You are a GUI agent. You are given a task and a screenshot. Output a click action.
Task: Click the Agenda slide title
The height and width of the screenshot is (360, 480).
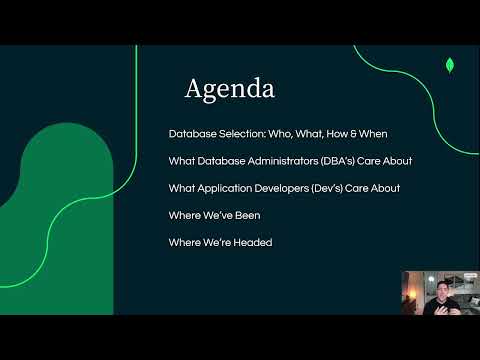point(229,89)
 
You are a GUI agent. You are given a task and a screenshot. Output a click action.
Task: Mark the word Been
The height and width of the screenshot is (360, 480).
point(258,215)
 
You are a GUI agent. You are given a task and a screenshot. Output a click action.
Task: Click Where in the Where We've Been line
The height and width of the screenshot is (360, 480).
point(185,215)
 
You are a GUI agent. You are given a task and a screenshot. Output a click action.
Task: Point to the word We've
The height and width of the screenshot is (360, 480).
point(222,215)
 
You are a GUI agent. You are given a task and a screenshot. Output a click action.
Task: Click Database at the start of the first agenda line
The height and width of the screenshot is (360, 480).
point(190,133)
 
